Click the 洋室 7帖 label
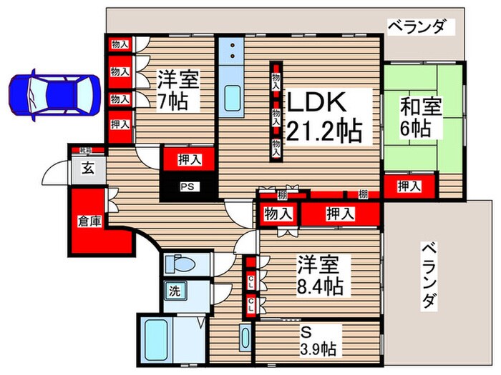pos(177,89)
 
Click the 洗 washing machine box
pos(174,291)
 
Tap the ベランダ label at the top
pos(422,26)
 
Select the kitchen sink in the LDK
pos(234,96)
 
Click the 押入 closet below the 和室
pos(409,186)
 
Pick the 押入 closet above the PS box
pos(188,159)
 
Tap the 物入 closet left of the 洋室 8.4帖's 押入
pos(278,213)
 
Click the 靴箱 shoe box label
pos(86,151)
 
